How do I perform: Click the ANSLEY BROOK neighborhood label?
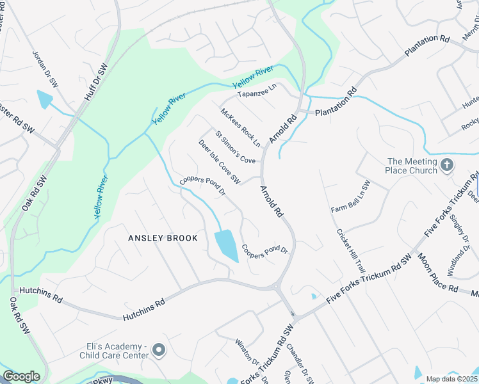point(163,238)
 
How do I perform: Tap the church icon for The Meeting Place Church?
point(447,166)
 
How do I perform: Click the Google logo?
point(21,376)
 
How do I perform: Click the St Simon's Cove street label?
point(235,148)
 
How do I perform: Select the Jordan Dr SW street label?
point(45,71)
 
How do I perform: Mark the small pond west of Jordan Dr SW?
point(45,100)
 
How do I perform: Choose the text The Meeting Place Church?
point(411,166)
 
